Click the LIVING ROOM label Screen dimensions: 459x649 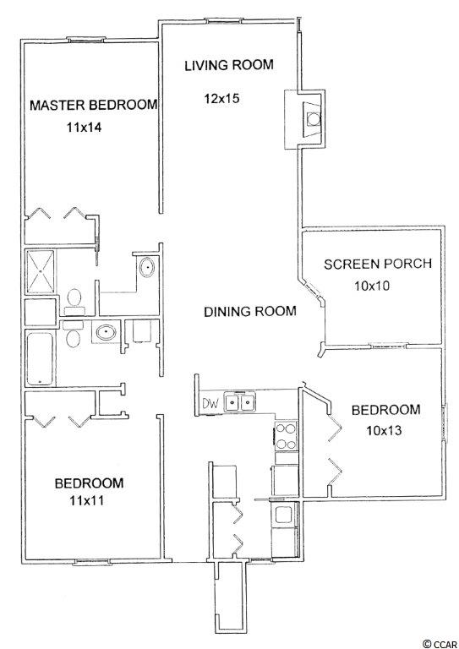coord(229,65)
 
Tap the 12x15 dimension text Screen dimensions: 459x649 coord(221,99)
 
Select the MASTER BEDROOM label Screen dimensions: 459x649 coord(94,105)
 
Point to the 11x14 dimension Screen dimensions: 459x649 coord(84,127)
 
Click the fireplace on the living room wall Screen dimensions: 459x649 coord(304,119)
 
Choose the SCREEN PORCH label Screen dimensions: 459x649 coord(378,264)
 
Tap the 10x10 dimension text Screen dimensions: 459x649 coord(372,286)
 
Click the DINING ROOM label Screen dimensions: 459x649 coord(250,311)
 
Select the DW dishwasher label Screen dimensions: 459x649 coord(210,403)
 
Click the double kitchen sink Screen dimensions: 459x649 coord(239,402)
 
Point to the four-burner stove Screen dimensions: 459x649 coord(287,436)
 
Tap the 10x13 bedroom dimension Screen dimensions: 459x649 coord(384,431)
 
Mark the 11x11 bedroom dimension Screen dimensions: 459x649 coord(86,501)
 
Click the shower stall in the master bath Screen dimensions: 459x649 coord(40,271)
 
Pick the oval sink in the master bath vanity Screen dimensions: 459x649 coord(146,267)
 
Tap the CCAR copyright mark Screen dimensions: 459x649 coord(440,644)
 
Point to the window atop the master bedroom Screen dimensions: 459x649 coord(85,40)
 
